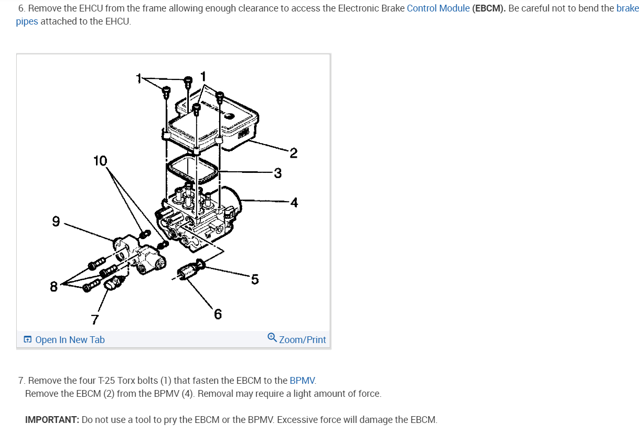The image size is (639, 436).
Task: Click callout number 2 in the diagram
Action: click(x=293, y=153)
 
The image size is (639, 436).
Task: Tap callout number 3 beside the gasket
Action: click(x=278, y=173)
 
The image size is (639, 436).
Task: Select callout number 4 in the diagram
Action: click(x=294, y=202)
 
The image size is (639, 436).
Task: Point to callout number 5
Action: click(x=255, y=279)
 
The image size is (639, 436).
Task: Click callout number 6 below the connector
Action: click(x=218, y=314)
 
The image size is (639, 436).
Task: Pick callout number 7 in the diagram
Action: click(x=95, y=318)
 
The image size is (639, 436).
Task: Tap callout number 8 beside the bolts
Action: click(x=54, y=287)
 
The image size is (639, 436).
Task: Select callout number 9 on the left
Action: click(x=56, y=222)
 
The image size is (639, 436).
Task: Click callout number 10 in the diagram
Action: click(x=100, y=161)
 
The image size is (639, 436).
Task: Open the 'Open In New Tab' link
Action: click(x=70, y=340)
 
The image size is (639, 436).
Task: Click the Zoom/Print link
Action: click(x=303, y=340)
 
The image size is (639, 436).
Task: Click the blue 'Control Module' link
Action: click(x=438, y=9)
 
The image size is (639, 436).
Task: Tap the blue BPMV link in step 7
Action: click(x=303, y=380)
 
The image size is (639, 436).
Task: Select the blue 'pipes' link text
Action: click(x=27, y=21)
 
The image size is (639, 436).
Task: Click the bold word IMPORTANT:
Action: click(x=52, y=420)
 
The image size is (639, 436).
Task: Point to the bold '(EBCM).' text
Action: click(x=489, y=9)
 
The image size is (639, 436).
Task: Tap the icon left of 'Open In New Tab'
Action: click(x=28, y=340)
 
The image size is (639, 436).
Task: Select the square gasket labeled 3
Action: click(x=192, y=168)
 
